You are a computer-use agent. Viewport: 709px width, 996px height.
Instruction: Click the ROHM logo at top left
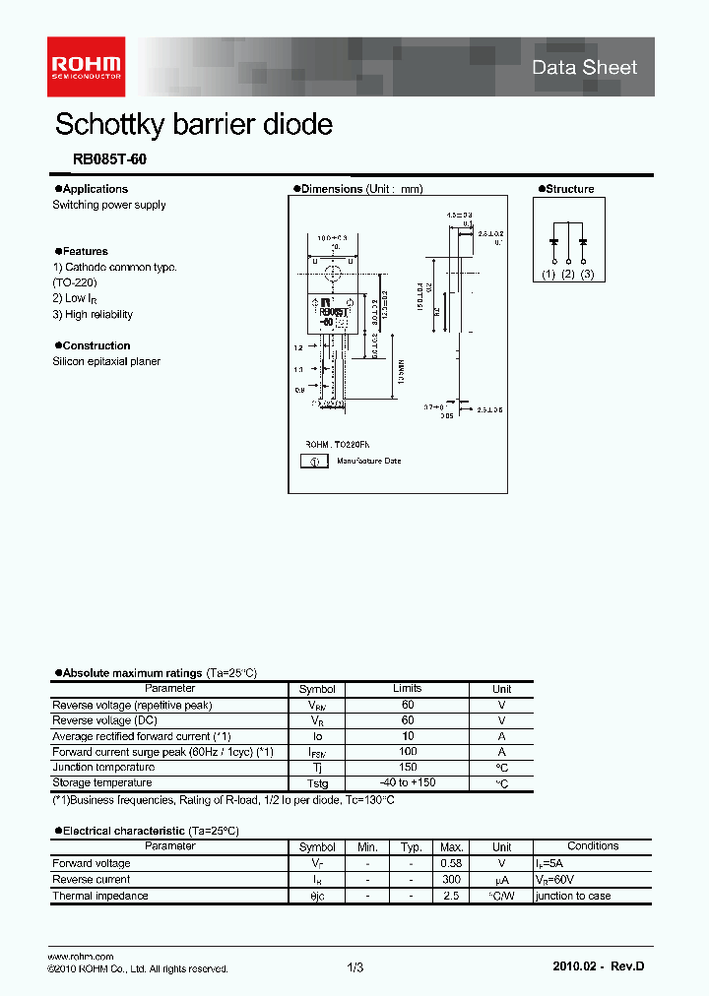click(x=87, y=60)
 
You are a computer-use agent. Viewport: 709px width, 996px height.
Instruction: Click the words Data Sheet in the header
click(x=584, y=68)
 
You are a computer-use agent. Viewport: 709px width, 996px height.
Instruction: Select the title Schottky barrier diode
click(x=193, y=125)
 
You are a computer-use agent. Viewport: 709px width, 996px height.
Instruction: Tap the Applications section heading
click(x=95, y=189)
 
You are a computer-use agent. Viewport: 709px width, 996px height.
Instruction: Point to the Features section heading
click(x=85, y=251)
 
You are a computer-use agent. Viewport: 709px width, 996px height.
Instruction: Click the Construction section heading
click(x=96, y=345)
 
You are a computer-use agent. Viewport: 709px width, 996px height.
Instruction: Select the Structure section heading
click(x=569, y=189)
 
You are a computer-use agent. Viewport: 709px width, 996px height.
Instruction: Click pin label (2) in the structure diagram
click(x=568, y=275)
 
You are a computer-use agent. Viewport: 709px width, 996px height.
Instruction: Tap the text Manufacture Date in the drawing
click(x=369, y=461)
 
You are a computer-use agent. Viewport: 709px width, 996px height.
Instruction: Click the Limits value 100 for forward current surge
click(x=408, y=752)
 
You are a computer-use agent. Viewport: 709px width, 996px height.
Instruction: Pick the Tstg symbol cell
click(x=317, y=783)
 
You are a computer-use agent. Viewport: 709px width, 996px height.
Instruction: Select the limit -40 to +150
click(x=408, y=782)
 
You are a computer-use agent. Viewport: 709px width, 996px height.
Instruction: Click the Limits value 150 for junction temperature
click(x=408, y=768)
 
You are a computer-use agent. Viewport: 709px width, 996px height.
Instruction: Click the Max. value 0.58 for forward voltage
click(x=451, y=863)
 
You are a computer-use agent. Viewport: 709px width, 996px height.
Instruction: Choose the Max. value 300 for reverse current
click(x=451, y=880)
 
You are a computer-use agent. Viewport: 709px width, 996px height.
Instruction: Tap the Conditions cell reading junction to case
click(x=573, y=897)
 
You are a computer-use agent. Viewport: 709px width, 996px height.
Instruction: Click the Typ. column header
click(x=411, y=846)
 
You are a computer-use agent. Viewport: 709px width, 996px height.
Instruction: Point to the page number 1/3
click(x=355, y=968)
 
